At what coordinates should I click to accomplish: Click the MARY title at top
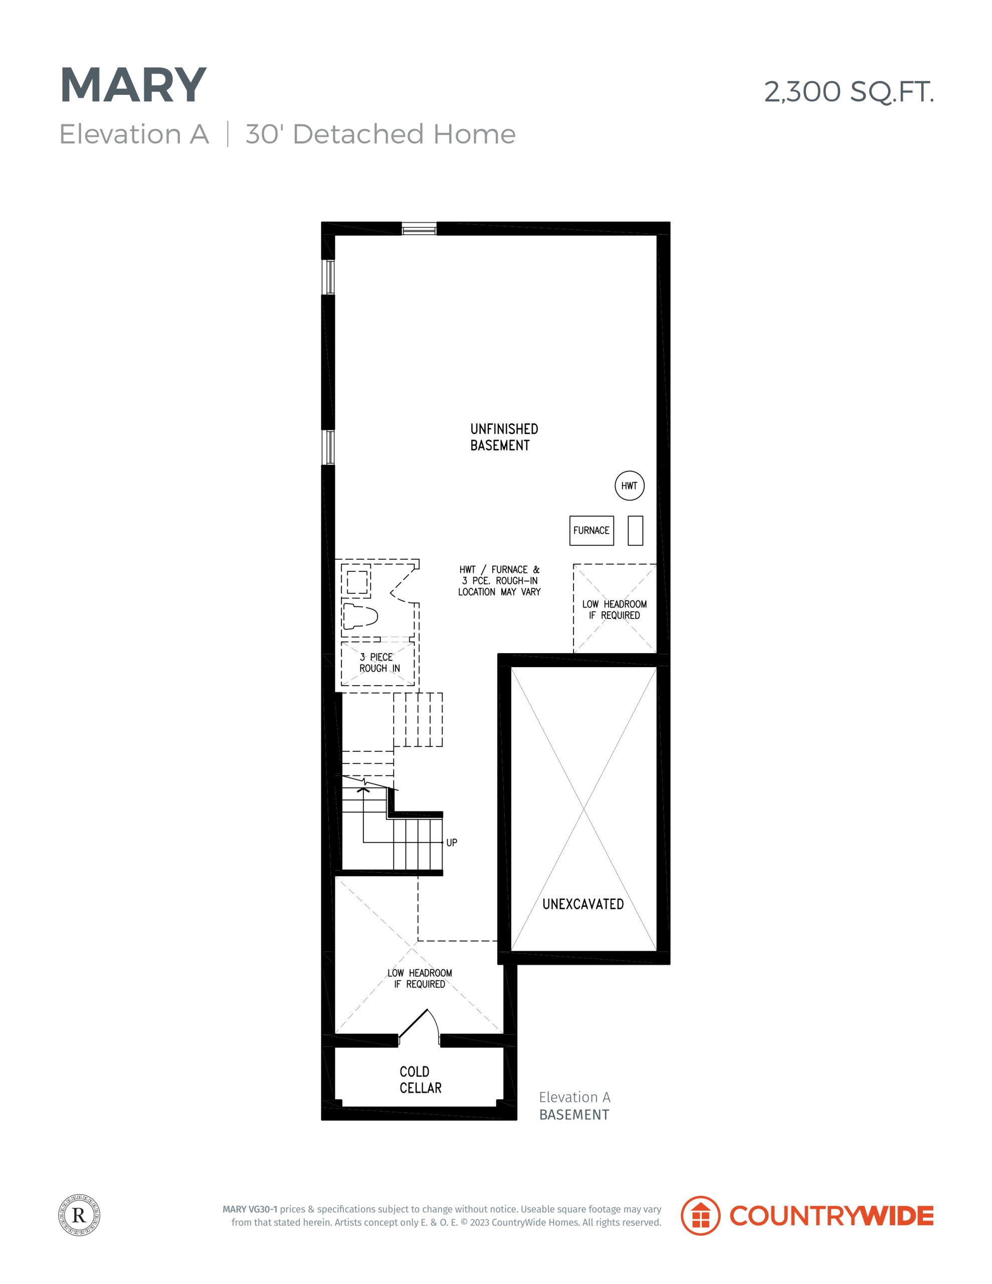point(133,86)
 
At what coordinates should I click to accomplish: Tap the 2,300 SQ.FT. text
point(849,92)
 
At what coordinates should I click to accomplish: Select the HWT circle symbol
point(629,486)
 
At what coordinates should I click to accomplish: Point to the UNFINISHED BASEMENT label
point(504,437)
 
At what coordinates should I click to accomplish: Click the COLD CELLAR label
point(420,1079)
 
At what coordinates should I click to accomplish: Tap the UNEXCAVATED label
point(583,904)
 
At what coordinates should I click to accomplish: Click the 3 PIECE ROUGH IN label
point(379,663)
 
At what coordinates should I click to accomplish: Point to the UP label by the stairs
point(451,843)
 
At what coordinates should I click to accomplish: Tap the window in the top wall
point(419,229)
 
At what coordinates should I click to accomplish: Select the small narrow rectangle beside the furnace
point(635,530)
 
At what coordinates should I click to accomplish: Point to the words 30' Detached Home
point(380,134)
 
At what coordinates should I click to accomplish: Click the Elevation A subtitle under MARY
point(134,134)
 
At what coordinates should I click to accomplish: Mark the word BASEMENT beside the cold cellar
point(574,1114)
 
